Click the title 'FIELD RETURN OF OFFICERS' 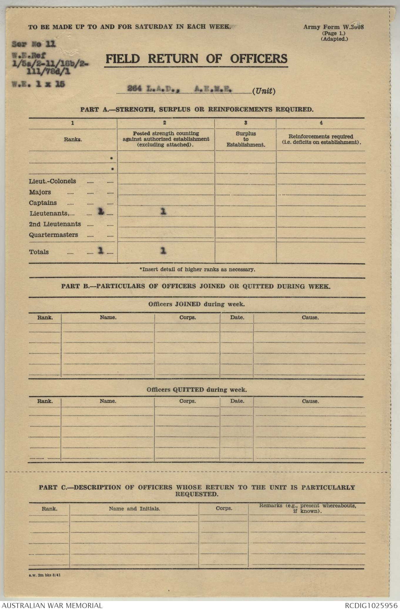[x=196, y=59]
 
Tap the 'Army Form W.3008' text [x=333, y=27]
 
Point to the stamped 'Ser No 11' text [x=33, y=44]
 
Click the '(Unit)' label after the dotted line [x=264, y=91]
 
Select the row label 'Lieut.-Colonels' [x=52, y=181]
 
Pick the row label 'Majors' [x=40, y=192]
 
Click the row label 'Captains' [x=43, y=203]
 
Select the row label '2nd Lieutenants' [x=55, y=224]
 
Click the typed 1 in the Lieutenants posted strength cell [x=164, y=212]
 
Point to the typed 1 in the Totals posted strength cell [x=164, y=251]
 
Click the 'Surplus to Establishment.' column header [x=246, y=139]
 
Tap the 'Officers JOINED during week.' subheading [x=196, y=304]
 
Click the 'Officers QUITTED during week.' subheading [x=196, y=390]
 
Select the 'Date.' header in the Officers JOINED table [x=237, y=318]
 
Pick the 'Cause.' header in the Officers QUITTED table [x=310, y=401]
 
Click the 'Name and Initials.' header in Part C [x=135, y=509]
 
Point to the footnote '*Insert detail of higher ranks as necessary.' [x=197, y=269]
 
